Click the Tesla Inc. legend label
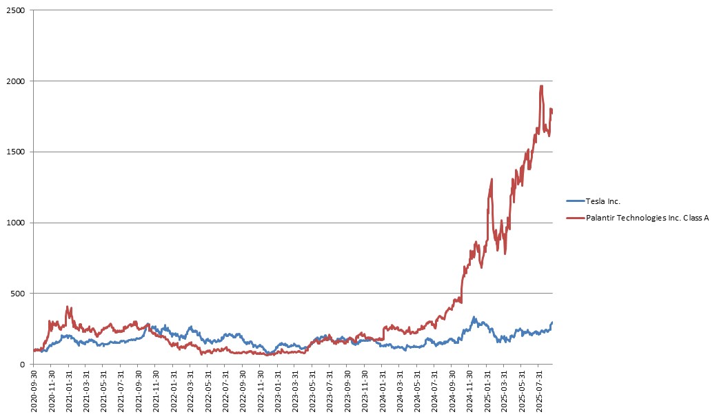coord(602,201)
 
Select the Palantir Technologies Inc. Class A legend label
coord(647,218)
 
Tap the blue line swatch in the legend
coord(574,201)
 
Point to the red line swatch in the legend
coord(574,218)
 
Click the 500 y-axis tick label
coord(19,294)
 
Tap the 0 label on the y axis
coord(23,365)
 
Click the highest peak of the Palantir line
coord(541,86)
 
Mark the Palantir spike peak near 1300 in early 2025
coord(492,179)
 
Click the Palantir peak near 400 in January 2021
coord(68,307)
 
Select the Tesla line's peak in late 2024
coord(474,318)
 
